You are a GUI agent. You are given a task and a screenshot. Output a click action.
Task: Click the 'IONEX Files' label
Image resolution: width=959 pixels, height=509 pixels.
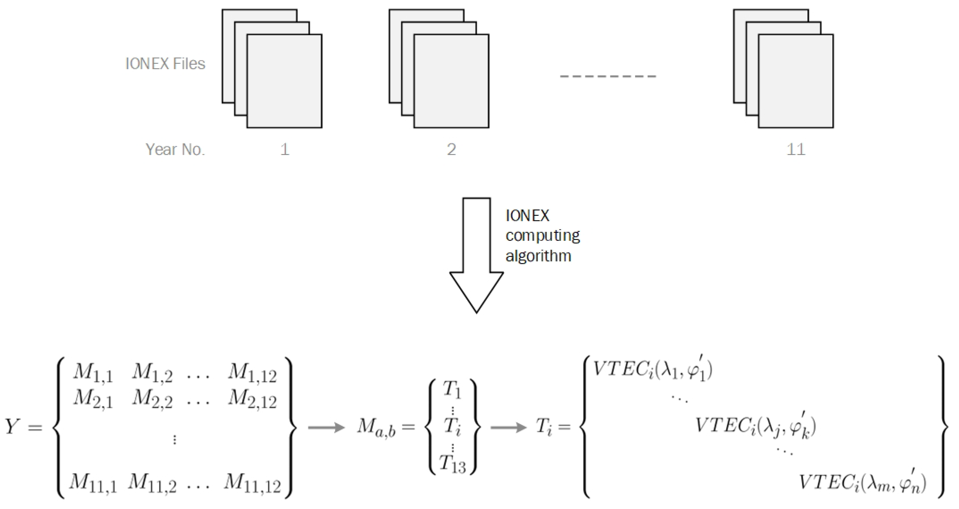[x=165, y=64]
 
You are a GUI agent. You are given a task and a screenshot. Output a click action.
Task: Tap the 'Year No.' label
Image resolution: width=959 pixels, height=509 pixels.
[x=175, y=149]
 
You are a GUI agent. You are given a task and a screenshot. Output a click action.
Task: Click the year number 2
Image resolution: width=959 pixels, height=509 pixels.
[x=451, y=149]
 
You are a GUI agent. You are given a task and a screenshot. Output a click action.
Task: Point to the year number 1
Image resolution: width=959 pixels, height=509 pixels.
[x=285, y=149]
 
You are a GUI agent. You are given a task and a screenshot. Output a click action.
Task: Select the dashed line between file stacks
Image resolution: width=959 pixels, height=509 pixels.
[x=608, y=76]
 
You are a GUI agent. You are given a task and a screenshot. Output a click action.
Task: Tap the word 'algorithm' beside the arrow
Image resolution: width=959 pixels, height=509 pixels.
[x=538, y=256]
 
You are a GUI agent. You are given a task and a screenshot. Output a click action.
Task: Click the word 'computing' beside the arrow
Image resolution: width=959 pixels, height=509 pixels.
[x=542, y=236]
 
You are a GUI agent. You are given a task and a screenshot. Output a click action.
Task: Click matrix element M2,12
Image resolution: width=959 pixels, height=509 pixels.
[x=252, y=399]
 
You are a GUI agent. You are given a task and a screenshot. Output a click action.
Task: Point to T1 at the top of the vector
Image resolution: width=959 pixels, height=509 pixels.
[x=452, y=390]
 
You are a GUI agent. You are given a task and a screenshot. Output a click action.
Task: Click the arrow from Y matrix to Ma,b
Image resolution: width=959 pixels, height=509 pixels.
[x=326, y=427]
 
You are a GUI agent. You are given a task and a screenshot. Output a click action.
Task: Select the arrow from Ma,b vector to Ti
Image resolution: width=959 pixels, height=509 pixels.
[x=508, y=427]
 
